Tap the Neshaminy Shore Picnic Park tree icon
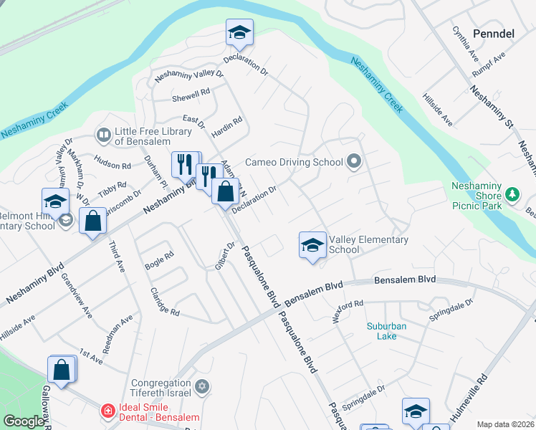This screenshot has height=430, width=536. tap(512, 194)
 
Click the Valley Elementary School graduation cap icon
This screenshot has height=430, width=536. tap(312, 245)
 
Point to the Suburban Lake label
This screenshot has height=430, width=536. tap(386, 331)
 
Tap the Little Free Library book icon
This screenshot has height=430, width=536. tap(104, 135)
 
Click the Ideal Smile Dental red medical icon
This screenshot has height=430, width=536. tap(108, 411)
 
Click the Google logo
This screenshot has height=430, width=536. tap(24, 421)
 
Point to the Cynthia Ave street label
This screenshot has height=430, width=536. tap(465, 44)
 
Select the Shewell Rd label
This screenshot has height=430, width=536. tap(191, 93)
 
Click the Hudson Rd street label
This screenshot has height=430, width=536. tap(113, 166)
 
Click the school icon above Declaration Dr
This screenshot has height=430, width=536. tap(239, 32)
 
